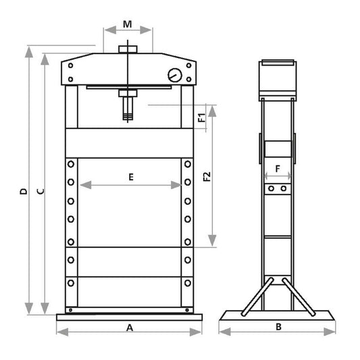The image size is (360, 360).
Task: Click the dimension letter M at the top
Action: click(128, 24)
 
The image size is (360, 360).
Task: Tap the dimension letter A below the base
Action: click(130, 328)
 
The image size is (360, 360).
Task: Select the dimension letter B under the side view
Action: click(278, 327)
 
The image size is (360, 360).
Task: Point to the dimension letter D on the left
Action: click(24, 191)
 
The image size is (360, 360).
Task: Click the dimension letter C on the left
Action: click(41, 191)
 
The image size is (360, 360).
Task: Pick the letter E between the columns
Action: click(131, 177)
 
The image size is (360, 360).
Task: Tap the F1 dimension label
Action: click(201, 118)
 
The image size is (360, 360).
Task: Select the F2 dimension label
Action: click(207, 176)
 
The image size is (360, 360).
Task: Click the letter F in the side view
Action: click(278, 169)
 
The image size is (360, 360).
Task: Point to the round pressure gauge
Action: click(175, 75)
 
